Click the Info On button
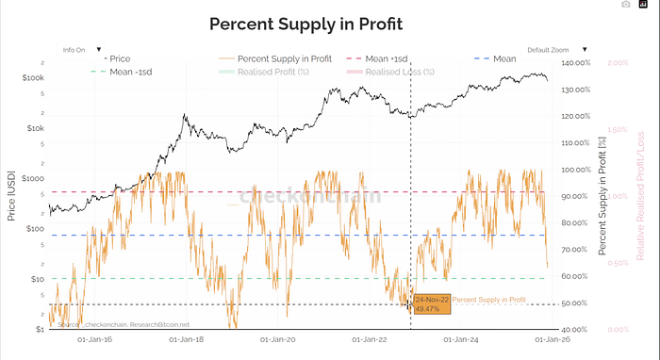click(x=75, y=49)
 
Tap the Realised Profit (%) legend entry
click(x=260, y=71)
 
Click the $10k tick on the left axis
click(x=34, y=128)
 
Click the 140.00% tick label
click(x=575, y=63)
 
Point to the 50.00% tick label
click(x=575, y=303)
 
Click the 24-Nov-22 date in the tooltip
click(x=431, y=300)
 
